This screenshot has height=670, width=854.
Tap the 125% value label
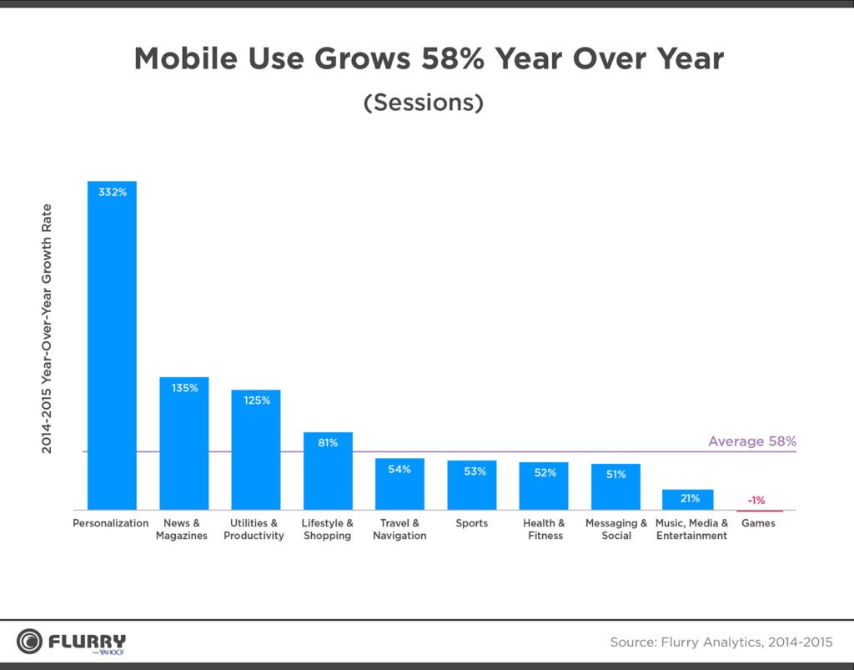point(256,400)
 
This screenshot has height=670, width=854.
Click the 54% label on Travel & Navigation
point(399,470)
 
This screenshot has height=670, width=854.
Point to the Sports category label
point(471,524)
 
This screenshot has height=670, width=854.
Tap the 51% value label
point(615,475)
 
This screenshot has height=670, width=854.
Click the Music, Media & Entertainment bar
point(687,500)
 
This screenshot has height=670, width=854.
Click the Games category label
point(758,524)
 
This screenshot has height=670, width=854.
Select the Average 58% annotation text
point(751,441)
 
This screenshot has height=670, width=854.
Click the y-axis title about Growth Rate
point(48,329)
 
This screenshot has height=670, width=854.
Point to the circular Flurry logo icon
point(30,642)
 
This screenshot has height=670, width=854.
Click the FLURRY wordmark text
point(87,641)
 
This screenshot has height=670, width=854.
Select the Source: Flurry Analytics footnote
point(721,642)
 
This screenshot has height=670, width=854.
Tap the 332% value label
point(113,193)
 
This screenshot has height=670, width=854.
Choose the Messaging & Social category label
point(615,530)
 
